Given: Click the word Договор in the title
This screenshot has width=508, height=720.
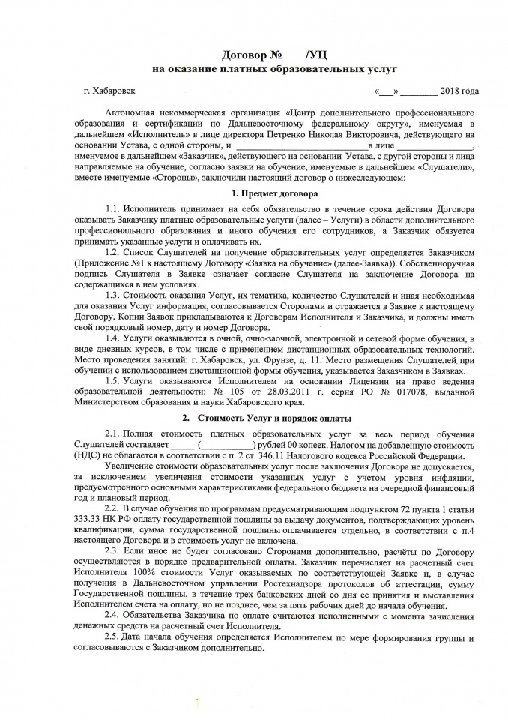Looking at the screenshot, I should click(246, 55).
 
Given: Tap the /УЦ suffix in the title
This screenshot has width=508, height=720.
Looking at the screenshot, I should click(316, 55).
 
